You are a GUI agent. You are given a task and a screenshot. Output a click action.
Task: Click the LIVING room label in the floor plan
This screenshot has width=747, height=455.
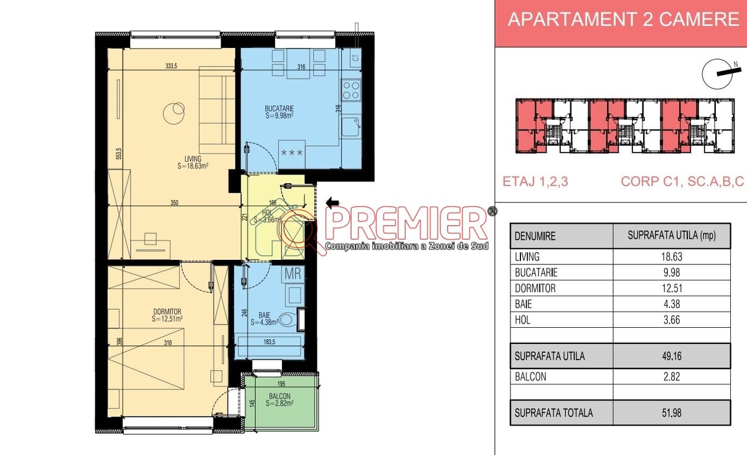pyautogui.click(x=193, y=159)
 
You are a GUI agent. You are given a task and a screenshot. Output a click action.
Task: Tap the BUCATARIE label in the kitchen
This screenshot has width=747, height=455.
pyautogui.click(x=279, y=108)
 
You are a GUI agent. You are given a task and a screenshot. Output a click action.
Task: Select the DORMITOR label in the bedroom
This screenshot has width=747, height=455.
pyautogui.click(x=167, y=312)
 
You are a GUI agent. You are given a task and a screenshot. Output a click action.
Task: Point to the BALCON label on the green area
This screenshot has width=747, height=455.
pyautogui.click(x=280, y=396)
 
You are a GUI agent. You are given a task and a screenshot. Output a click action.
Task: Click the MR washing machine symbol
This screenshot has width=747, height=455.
pyautogui.click(x=293, y=274)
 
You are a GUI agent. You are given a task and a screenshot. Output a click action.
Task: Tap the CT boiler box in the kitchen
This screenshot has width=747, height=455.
pyautogui.click(x=355, y=58)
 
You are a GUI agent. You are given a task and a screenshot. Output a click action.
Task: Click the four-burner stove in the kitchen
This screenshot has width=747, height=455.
pyautogui.click(x=351, y=90)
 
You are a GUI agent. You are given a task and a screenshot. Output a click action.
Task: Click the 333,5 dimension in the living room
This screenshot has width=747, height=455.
pyautogui.click(x=171, y=66)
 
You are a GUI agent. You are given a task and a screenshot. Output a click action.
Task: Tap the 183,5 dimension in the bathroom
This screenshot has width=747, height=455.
pyautogui.click(x=269, y=342)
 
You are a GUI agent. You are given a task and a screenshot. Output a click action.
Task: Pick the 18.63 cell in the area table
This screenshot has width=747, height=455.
pyautogui.click(x=672, y=257)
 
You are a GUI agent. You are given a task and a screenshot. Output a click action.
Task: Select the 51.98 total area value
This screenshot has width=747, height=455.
pyautogui.click(x=672, y=413)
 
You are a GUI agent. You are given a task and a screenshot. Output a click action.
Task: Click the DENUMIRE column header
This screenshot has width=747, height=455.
pyautogui.click(x=535, y=236)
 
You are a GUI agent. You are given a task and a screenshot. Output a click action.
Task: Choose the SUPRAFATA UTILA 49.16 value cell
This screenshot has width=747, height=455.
pyautogui.click(x=672, y=356)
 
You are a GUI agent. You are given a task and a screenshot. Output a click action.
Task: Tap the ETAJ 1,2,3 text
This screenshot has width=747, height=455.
pyautogui.click(x=535, y=181)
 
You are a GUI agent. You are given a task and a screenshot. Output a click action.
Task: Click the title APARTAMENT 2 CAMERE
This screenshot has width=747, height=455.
pyautogui.click(x=623, y=19)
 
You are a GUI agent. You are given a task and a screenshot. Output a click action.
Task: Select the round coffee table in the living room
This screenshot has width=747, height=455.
pyautogui.click(x=174, y=113)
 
